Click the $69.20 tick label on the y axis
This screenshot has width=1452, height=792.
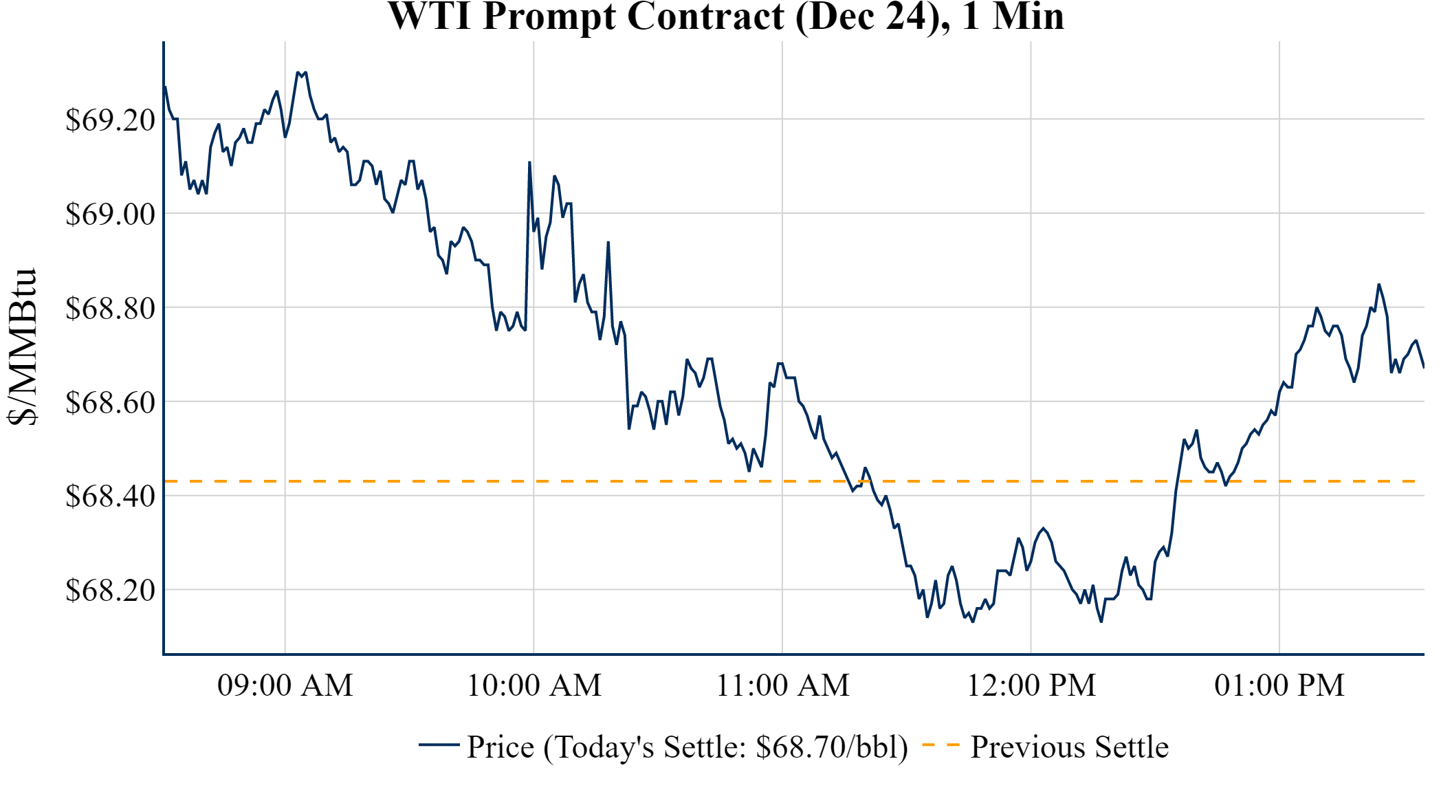(110, 120)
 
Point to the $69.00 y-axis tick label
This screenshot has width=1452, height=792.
(110, 214)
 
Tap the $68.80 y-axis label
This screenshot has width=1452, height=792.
(110, 309)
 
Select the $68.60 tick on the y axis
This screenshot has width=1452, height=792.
(110, 403)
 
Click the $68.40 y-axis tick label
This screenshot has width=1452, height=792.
(110, 496)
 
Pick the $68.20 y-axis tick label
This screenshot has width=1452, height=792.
(110, 591)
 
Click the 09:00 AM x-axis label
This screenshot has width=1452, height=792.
(285, 685)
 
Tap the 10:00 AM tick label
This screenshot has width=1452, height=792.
(534, 685)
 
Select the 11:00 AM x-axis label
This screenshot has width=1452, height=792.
(783, 685)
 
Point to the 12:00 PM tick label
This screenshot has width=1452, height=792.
(1031, 685)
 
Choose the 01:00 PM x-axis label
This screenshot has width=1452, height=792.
(1279, 685)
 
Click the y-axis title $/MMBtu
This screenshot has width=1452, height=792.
(22, 347)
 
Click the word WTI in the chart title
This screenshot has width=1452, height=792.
(430, 16)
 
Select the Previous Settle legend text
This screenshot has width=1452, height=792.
(1069, 747)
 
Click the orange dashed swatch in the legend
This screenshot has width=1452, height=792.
(940, 745)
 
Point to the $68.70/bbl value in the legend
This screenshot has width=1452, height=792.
(832, 747)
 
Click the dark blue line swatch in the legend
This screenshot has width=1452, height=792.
(439, 745)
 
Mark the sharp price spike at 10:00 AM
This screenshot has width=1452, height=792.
(529, 163)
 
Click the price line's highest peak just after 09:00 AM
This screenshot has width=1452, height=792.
(298, 72)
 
